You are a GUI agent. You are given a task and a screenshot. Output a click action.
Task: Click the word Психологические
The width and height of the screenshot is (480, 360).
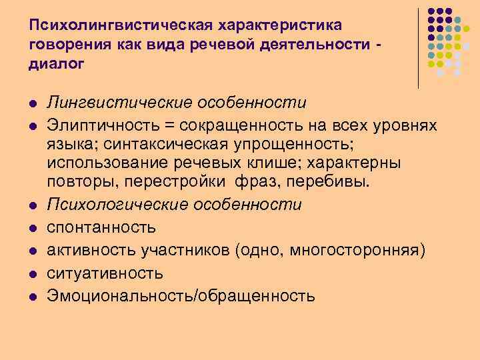(x=117, y=204)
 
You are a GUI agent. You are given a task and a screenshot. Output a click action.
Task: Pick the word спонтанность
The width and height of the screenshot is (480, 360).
(x=101, y=227)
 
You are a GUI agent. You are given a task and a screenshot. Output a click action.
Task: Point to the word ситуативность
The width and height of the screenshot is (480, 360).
(x=104, y=273)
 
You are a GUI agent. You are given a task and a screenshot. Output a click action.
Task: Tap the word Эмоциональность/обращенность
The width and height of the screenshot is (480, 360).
(x=181, y=295)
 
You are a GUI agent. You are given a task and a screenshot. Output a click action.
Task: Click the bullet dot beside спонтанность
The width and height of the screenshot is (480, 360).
(x=32, y=227)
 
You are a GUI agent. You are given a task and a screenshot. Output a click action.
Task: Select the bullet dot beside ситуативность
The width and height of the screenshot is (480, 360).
(x=32, y=273)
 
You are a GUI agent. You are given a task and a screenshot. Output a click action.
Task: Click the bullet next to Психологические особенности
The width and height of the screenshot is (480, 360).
(x=32, y=204)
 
